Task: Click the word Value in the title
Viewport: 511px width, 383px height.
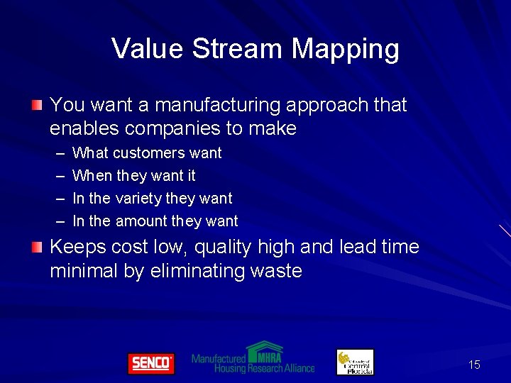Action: pyautogui.click(x=147, y=49)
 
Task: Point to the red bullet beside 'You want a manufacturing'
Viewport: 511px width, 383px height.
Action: pyautogui.click(x=36, y=105)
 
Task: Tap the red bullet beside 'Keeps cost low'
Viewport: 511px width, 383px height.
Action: pyautogui.click(x=36, y=247)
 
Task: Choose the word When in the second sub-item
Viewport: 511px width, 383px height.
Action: pyautogui.click(x=92, y=175)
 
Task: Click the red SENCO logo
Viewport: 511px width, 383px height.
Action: pyautogui.click(x=150, y=363)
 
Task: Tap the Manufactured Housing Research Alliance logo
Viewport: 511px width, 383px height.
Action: pyautogui.click(x=253, y=358)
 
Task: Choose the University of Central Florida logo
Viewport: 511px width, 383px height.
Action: pyautogui.click(x=355, y=362)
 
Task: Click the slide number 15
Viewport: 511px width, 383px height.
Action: pyautogui.click(x=474, y=365)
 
